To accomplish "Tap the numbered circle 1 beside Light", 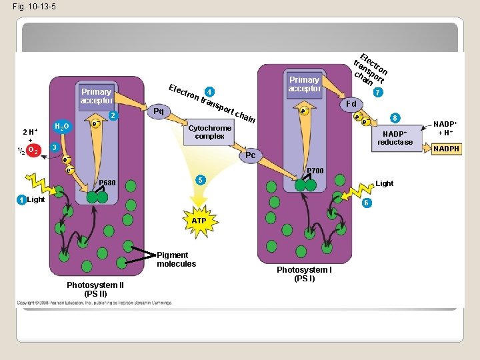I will [x=22, y=200].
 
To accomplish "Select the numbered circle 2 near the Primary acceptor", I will [x=113, y=117].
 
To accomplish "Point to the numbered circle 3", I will [x=56, y=147].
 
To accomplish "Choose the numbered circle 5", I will [x=199, y=180].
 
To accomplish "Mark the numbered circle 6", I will [x=366, y=202].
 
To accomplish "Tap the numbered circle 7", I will [x=378, y=92].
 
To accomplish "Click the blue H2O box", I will [x=61, y=126].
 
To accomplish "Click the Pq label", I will [x=159, y=111].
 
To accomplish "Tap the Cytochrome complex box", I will [x=210, y=132].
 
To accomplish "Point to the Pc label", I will [x=250, y=155].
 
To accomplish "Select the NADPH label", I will [x=446, y=149].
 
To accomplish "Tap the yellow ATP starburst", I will [x=199, y=220].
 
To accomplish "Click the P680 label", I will [x=107, y=183].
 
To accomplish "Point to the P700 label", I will [x=315, y=171].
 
